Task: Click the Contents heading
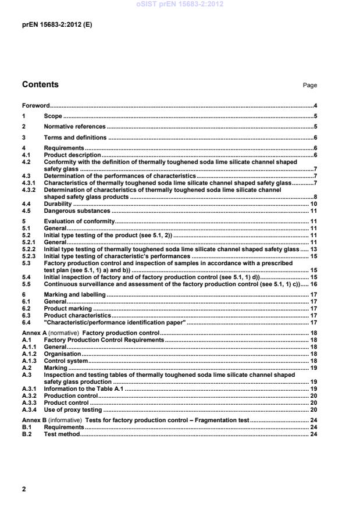coord(40,85)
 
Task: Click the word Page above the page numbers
coord(310,85)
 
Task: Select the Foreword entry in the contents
coord(35,106)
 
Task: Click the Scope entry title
coord(53,116)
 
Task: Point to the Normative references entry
coord(74,127)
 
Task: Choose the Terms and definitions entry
coord(75,138)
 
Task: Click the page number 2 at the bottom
coord(24,489)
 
